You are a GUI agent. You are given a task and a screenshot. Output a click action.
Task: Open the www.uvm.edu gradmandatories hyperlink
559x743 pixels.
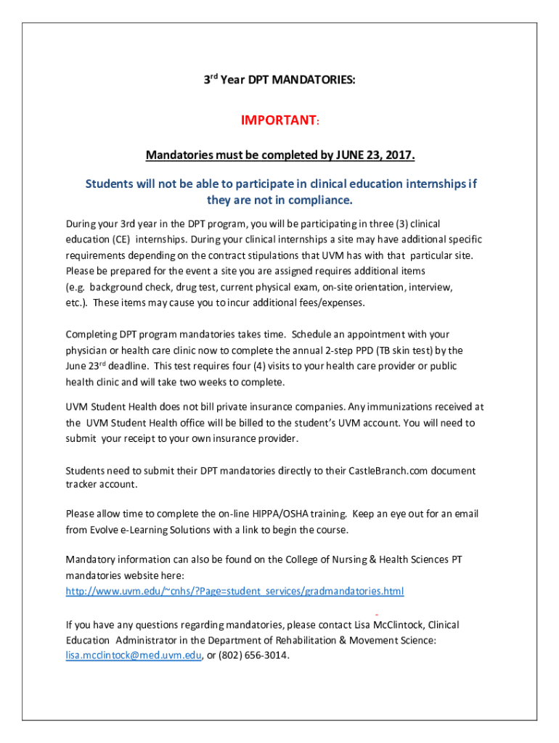(234, 591)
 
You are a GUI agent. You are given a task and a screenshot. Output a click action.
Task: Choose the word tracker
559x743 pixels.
(81, 484)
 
